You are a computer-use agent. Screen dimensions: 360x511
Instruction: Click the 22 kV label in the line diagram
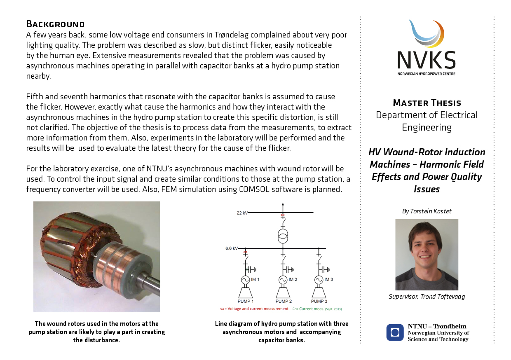pyautogui.click(x=242, y=213)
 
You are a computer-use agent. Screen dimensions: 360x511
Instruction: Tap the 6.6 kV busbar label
pyautogui.click(x=231, y=248)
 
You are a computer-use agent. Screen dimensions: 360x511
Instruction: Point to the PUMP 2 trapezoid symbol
pyautogui.click(x=283, y=292)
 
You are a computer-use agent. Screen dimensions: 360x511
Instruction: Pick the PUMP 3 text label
pyautogui.click(x=319, y=302)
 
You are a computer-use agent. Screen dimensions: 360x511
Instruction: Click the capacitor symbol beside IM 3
pyautogui.click(x=324, y=269)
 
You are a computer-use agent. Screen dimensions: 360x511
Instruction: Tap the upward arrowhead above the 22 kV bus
pyautogui.click(x=283, y=204)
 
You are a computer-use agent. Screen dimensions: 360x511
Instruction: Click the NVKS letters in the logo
pyautogui.click(x=427, y=60)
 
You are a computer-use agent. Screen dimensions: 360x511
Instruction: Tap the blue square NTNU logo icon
pyautogui.click(x=395, y=332)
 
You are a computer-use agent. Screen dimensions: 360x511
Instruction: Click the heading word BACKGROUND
pyautogui.click(x=55, y=24)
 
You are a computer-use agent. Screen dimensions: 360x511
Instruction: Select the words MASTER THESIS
pyautogui.click(x=427, y=103)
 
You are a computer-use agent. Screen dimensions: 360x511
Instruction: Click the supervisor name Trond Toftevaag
pyautogui.click(x=442, y=296)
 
